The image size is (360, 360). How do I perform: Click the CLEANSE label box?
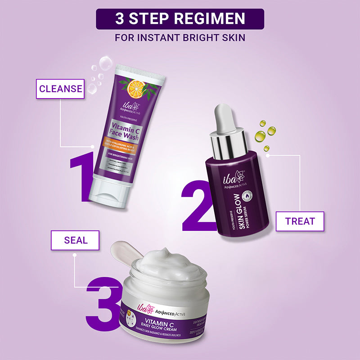coord(61,89)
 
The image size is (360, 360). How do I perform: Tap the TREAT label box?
coord(300,221)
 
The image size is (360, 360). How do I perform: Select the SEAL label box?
coord(75,240)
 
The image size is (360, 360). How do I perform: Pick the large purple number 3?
coord(104,302)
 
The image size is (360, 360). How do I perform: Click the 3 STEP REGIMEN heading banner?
coord(180,19)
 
